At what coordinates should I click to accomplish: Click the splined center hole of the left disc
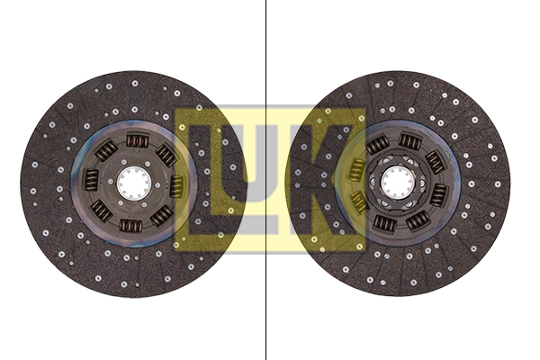(133, 183)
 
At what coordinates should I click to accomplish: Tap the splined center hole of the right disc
(395, 183)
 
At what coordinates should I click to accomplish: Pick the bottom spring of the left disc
(130, 225)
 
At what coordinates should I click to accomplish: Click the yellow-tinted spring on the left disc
(176, 185)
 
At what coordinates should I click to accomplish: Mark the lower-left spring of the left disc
(101, 211)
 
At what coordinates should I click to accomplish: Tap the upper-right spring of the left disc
(166, 155)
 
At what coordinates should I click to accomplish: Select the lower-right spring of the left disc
(161, 215)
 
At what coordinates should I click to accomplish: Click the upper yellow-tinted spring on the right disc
(357, 168)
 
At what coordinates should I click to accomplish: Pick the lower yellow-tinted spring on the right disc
(359, 202)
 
